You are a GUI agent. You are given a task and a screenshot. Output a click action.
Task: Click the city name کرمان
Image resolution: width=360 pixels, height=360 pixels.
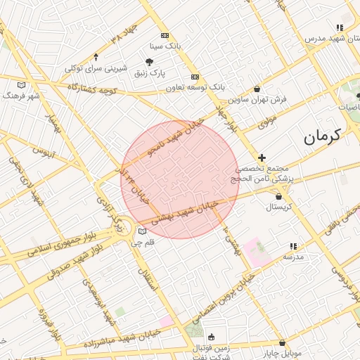point(322,136)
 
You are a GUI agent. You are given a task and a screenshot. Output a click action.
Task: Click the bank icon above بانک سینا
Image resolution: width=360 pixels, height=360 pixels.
point(165,35)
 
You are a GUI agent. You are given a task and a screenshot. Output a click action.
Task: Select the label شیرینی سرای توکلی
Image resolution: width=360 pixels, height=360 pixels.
point(96,68)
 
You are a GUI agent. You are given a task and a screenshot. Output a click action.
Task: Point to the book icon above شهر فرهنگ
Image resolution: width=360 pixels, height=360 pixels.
point(21,85)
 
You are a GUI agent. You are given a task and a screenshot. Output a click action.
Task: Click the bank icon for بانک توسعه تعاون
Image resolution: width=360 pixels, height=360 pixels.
point(195,77)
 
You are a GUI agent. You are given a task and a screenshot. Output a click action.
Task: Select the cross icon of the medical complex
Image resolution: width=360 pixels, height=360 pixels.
point(262,158)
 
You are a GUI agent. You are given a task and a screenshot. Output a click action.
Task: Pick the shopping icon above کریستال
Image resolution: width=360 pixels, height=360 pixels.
point(279,197)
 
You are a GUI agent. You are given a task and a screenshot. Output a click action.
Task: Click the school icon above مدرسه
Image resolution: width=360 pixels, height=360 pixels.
point(292,246)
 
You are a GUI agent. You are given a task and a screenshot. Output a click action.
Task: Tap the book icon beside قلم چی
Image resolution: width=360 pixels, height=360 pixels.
point(143,231)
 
